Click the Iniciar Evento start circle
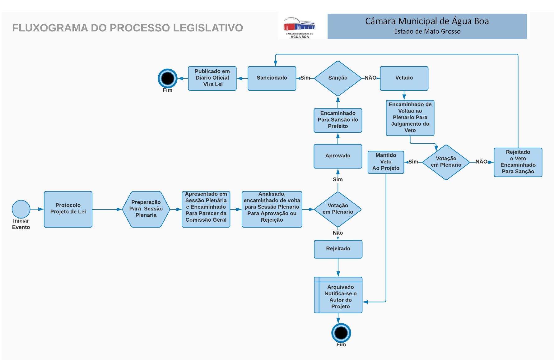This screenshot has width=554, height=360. (x=21, y=209)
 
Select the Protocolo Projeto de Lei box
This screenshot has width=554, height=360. (x=68, y=209)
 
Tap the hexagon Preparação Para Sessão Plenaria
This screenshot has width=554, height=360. (x=146, y=209)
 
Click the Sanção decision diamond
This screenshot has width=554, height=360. (x=338, y=78)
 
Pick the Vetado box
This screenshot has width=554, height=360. (x=404, y=78)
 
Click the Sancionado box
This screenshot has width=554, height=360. (x=272, y=78)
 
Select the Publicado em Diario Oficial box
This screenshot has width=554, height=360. (x=212, y=78)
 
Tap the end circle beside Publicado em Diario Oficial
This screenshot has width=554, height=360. (x=167, y=78)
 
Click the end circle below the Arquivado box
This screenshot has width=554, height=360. (x=341, y=333)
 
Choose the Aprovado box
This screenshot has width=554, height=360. (x=338, y=156)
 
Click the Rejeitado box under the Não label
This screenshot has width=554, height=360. (x=338, y=249)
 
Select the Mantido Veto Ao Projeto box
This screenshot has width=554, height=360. (x=386, y=162)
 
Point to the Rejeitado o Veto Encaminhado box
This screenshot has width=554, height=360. (x=518, y=162)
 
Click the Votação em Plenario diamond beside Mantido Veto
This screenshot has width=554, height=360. (x=446, y=162)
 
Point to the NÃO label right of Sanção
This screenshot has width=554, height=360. (x=370, y=78)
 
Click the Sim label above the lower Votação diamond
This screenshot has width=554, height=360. (x=338, y=179)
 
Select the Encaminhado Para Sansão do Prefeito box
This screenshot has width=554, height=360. (x=338, y=120)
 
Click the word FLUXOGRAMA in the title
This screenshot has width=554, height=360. (x=50, y=28)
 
